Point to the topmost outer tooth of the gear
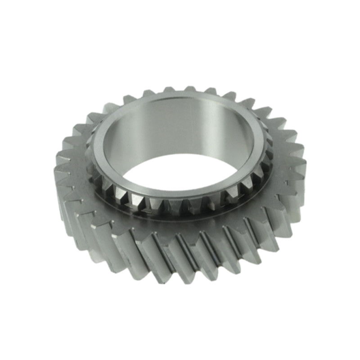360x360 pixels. pos(189,89)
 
